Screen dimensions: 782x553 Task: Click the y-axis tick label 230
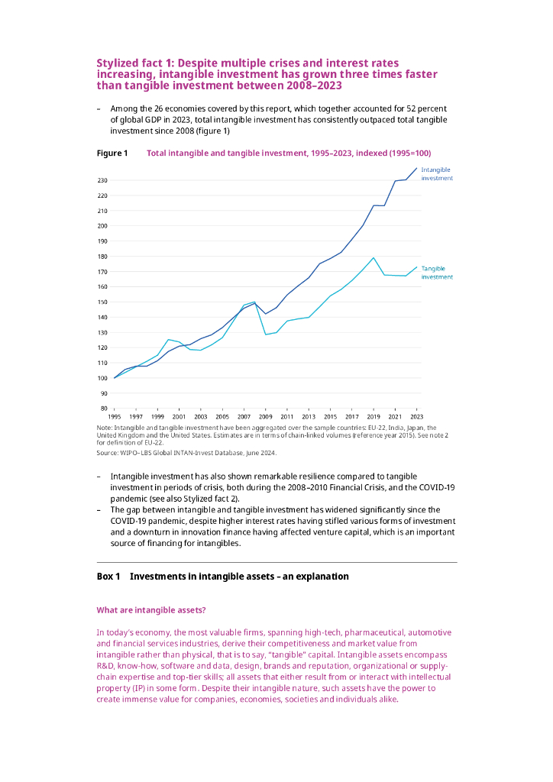pyautogui.click(x=102, y=180)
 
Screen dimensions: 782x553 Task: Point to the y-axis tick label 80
pyautogui.click(x=103, y=409)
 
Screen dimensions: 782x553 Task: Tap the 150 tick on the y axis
pyautogui.click(x=102, y=302)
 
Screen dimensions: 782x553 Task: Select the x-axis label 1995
pyautogui.click(x=115, y=417)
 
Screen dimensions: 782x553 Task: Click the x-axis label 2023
pyautogui.click(x=416, y=417)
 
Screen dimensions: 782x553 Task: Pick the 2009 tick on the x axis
pyautogui.click(x=265, y=417)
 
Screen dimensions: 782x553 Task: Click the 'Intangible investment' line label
pyautogui.click(x=437, y=173)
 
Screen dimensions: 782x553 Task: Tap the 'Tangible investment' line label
pyautogui.click(x=437, y=273)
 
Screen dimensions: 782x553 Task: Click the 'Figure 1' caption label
pyautogui.click(x=112, y=153)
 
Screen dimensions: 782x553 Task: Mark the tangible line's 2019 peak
pyautogui.click(x=374, y=257)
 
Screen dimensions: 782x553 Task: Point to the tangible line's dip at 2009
pyautogui.click(x=266, y=334)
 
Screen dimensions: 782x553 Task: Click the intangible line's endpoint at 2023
pyautogui.click(x=416, y=168)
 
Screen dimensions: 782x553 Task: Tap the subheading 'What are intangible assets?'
pyautogui.click(x=150, y=610)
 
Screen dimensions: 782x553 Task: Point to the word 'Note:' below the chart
pyautogui.click(x=104, y=428)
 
